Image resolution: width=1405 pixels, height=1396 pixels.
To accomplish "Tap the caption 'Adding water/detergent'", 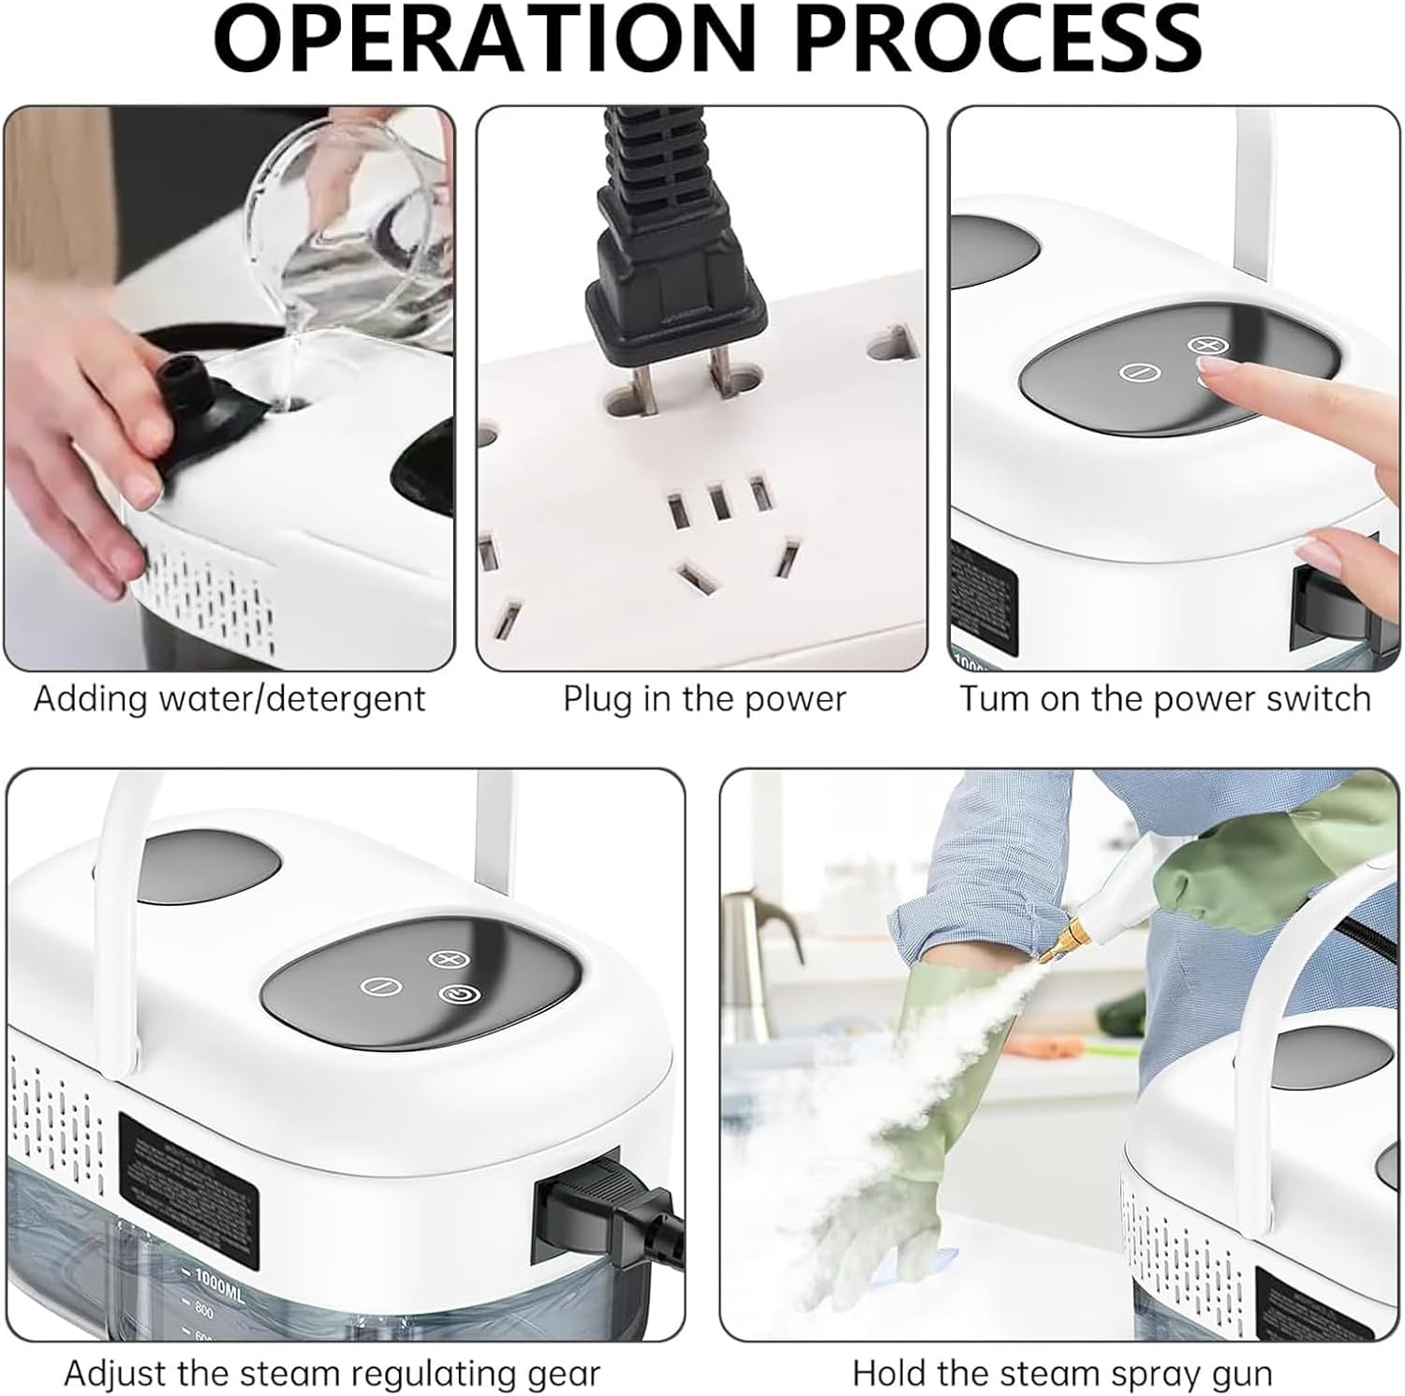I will coord(229,699).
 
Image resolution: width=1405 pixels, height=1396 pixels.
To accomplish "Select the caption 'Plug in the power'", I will coord(703,699).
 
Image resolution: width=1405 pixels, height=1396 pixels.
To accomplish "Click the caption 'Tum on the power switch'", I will coord(1164,699).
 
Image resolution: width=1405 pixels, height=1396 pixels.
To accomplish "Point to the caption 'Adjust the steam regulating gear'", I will coord(332,1374).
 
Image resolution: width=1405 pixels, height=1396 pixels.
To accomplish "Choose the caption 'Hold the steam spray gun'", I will coord(1062,1374).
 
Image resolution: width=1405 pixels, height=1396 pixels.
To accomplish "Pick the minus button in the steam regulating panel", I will coord(380,987).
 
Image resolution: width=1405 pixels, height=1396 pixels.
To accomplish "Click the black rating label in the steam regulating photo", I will coord(188,1164).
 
